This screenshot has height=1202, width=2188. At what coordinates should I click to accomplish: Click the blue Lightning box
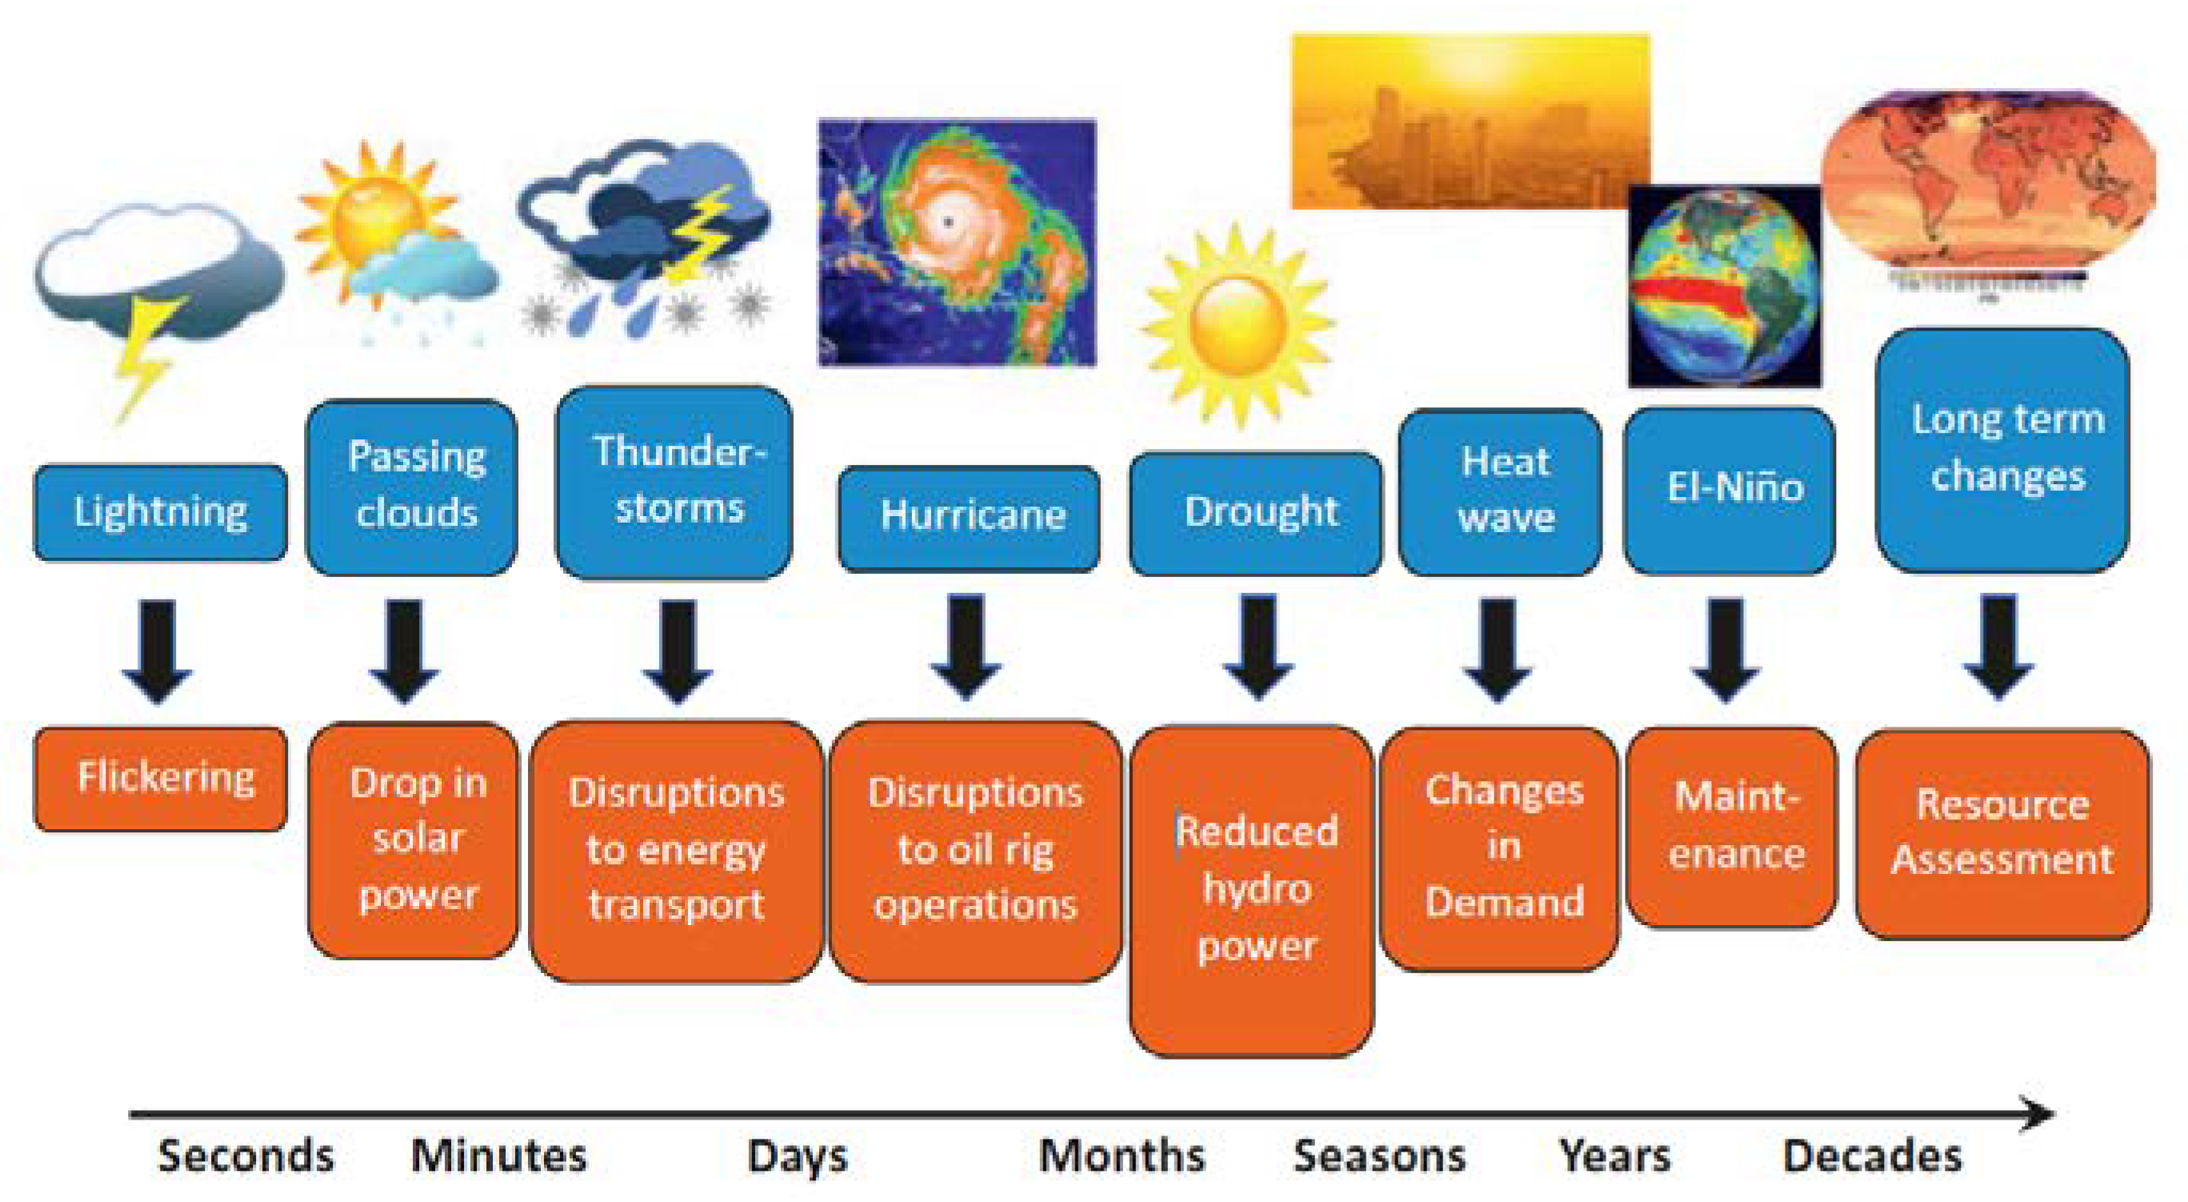click(161, 512)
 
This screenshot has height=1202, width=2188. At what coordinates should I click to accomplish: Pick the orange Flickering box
click(161, 778)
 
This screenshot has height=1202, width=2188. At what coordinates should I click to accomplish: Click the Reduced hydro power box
click(1251, 890)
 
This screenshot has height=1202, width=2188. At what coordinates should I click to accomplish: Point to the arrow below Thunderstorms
click(677, 651)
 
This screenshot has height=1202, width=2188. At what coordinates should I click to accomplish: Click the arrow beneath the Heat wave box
click(1498, 650)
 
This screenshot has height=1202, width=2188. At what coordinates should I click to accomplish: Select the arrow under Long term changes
click(1998, 647)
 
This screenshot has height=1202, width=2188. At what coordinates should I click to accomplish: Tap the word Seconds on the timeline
click(246, 1156)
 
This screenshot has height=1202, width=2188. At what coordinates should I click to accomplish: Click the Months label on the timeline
click(1122, 1156)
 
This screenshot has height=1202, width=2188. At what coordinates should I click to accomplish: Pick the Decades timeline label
click(1873, 1156)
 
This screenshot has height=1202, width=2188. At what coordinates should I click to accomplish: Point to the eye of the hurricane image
click(948, 222)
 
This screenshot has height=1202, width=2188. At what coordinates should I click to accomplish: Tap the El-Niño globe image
click(1724, 286)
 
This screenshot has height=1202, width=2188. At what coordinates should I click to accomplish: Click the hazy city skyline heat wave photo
click(1471, 121)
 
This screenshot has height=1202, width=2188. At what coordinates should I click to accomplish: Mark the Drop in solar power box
click(413, 839)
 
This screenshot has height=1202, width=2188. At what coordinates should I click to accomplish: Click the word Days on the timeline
click(798, 1156)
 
